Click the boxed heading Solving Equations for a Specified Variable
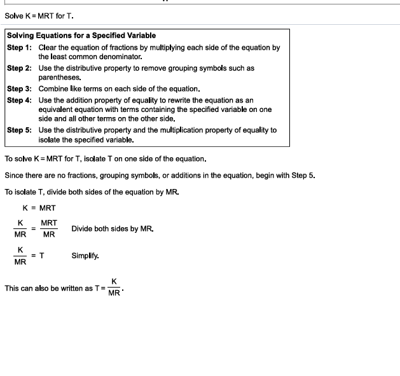[x=81, y=36]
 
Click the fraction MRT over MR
[x=49, y=228]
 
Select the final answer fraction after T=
[x=114, y=288]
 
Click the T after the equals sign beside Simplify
[x=42, y=256]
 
